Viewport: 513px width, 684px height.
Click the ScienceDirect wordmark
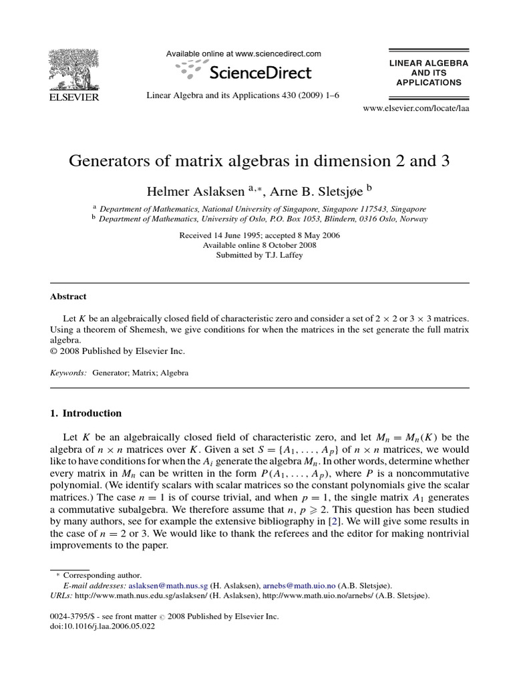pyautogui.click(x=261, y=71)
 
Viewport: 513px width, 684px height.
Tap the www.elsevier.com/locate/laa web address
pyautogui.click(x=415, y=108)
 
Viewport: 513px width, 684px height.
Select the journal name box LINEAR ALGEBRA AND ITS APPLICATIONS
pyautogui.click(x=428, y=73)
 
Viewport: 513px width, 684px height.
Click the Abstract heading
pyautogui.click(x=68, y=297)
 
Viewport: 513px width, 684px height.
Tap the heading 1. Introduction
pyautogui.click(x=86, y=413)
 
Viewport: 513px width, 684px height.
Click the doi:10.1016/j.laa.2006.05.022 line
pyautogui.click(x=102, y=627)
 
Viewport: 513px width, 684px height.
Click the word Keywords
pyautogui.click(x=68, y=373)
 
